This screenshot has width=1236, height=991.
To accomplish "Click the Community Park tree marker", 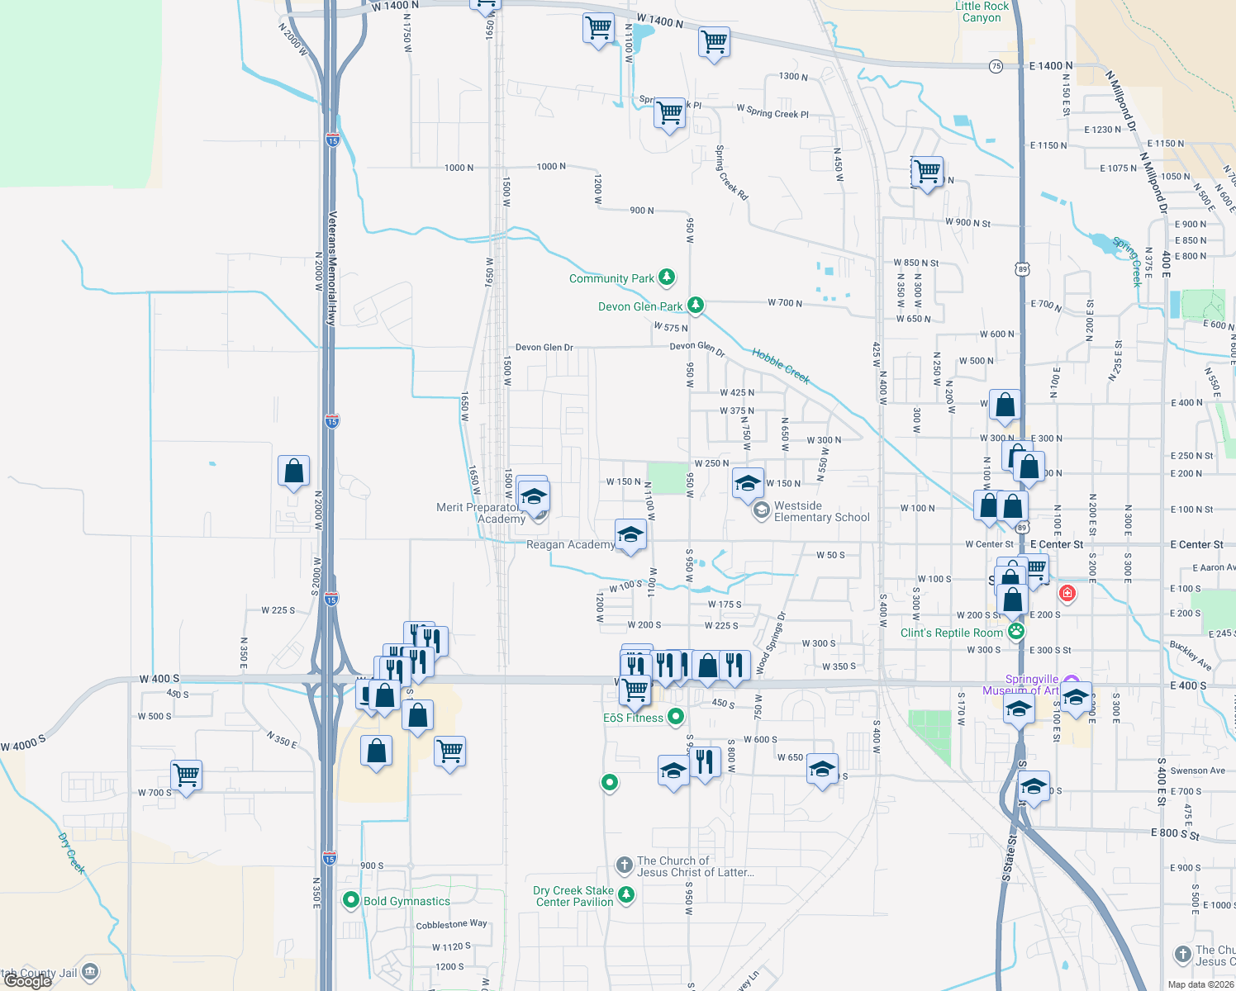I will [667, 277].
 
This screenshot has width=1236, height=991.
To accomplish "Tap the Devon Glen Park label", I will [640, 306].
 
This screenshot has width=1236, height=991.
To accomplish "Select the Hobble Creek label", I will [781, 366].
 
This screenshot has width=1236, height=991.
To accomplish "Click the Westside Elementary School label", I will [821, 511].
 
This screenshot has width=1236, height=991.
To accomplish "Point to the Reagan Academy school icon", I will [630, 534].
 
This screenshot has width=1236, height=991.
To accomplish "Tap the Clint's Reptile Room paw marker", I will [1016, 632].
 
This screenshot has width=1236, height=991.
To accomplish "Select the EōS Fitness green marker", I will [676, 717].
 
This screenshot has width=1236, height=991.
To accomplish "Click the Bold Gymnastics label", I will [406, 901].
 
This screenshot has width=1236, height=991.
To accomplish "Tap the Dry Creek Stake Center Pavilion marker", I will [626, 894].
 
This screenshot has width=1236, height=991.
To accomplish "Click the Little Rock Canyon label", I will [982, 12].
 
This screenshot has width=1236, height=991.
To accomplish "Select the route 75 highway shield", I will [996, 66].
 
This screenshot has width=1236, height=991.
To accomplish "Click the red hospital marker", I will [1067, 593].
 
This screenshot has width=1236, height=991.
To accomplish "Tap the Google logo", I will [28, 981].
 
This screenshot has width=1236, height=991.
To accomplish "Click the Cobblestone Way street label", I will [451, 924].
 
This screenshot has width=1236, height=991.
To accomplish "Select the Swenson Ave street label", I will [1197, 771].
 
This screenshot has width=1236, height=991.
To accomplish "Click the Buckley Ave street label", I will [1191, 654].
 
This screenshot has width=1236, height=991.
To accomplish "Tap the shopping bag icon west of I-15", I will [293, 472].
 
